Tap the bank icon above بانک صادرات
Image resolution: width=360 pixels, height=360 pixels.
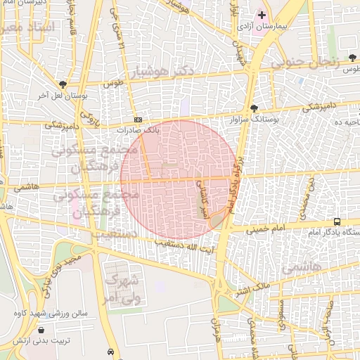click(138, 120)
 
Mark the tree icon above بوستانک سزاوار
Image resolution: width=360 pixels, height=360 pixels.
click(254, 108)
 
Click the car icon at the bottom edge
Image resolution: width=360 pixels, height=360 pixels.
click(110, 351)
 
